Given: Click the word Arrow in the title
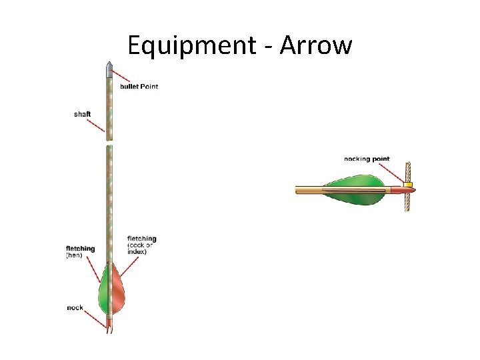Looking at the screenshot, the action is tap(315, 45).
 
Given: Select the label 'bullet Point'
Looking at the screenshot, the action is tap(139, 86).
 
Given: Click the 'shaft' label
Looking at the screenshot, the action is tap(82, 114).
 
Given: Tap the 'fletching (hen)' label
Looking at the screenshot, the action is tap(80, 252).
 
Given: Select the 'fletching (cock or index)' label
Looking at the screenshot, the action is tap(141, 245).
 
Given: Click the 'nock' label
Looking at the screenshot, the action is tap(75, 307).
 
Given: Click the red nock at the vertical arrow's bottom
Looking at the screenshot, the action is tap(109, 327).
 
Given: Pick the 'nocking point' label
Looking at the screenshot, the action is tap(367, 159).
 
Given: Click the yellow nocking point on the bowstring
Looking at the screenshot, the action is tap(408, 184).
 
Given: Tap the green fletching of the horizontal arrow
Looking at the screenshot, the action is tap(353, 183).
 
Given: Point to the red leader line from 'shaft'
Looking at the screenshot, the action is tap(98, 122).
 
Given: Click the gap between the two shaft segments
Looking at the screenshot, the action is tap(109, 143).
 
